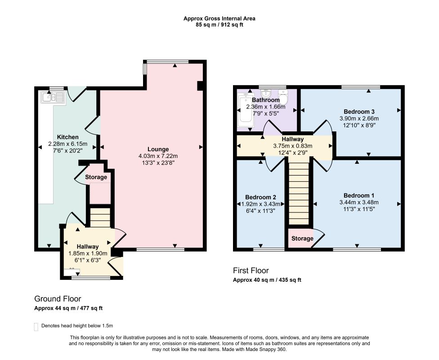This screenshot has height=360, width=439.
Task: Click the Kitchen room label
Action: pyautogui.click(x=68, y=137)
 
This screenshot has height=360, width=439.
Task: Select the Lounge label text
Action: pyautogui.click(x=158, y=149)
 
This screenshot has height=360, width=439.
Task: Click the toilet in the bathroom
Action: pyautogui.click(x=283, y=97)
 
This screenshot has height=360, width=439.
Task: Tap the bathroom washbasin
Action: pyautogui.click(x=265, y=93)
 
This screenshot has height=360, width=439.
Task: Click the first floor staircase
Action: pyautogui.click(x=299, y=194)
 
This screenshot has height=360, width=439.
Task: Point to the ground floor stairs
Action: pyautogui.click(x=100, y=217)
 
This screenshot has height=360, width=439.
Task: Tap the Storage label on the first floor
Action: pyautogui.click(x=302, y=238)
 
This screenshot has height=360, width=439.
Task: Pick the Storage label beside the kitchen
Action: pyautogui.click(x=96, y=177)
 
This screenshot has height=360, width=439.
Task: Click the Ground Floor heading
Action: pyautogui.click(x=58, y=299)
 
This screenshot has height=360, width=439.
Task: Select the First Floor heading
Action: pyautogui.click(x=251, y=270)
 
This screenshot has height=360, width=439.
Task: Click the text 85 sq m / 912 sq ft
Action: pyautogui.click(x=219, y=25)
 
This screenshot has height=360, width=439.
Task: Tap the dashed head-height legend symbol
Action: pyautogui.click(x=36, y=327)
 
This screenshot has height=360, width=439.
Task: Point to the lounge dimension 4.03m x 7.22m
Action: pyautogui.click(x=158, y=156)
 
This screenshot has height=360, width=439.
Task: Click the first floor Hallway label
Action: pyautogui.click(x=292, y=139)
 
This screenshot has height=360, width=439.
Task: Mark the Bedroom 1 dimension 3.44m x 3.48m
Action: pyautogui.click(x=359, y=202)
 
